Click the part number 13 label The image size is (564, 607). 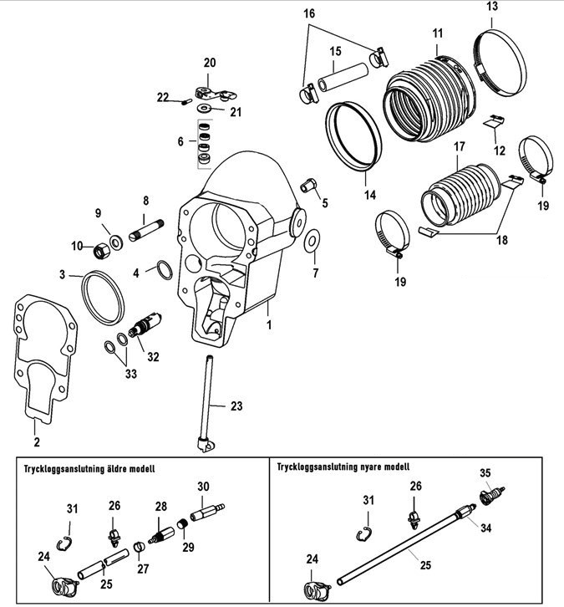coord(490,8)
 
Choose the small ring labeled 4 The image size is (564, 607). coord(162,270)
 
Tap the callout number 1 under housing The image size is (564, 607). coord(269,321)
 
